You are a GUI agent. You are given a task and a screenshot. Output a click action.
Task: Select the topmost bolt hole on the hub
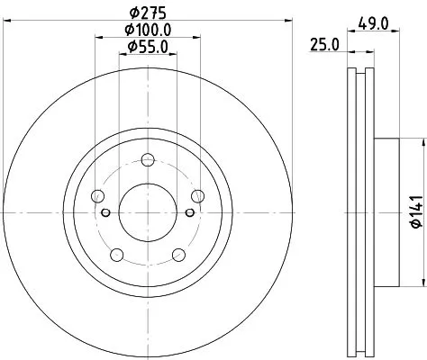click(147, 161)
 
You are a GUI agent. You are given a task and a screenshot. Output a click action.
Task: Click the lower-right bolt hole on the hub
click(177, 255)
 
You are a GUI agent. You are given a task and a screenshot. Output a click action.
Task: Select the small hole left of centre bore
click(106, 212)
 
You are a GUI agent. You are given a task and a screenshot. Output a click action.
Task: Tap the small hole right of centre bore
click(188, 212)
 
